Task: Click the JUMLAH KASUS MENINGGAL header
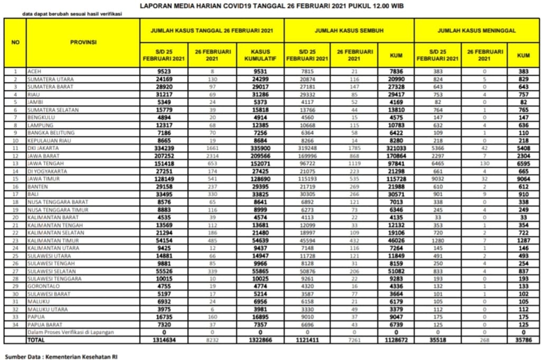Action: [477, 31]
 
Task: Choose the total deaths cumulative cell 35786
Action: [524, 340]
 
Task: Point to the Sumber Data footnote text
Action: [61, 356]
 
